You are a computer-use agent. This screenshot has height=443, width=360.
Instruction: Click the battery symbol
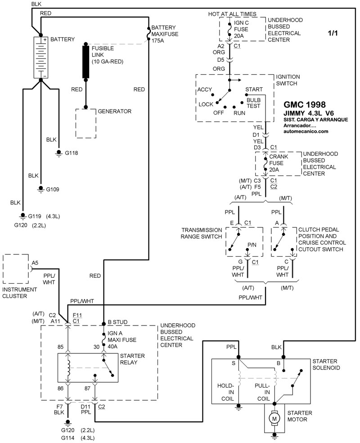click(40, 57)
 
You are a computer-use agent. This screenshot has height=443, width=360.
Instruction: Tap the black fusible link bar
click(86, 61)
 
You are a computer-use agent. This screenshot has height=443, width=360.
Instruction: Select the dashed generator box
click(86, 123)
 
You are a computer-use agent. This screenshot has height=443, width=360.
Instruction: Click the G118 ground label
click(72, 153)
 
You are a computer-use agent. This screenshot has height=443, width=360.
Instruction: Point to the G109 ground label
click(53, 189)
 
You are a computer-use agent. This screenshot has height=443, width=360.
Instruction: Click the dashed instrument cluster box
click(16, 269)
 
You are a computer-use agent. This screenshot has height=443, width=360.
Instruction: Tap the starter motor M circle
click(274, 418)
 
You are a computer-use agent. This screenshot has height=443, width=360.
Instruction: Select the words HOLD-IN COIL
click(226, 392)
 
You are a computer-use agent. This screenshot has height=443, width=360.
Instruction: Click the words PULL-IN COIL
click(263, 392)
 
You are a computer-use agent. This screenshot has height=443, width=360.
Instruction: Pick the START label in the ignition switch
click(254, 89)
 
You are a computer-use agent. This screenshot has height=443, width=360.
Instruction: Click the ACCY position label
click(204, 90)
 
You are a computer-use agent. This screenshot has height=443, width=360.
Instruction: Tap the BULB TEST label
click(253, 103)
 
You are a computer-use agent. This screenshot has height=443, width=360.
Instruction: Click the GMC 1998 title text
click(305, 104)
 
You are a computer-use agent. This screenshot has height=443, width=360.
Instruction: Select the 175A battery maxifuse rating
click(158, 41)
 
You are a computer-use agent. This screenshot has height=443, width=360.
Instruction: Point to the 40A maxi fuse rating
click(112, 346)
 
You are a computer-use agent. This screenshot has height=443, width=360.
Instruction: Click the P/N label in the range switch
click(252, 244)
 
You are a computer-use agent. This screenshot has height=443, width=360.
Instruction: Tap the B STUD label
click(118, 322)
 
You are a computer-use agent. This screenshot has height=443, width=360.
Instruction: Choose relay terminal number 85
click(60, 347)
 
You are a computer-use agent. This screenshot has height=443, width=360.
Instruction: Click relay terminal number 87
click(87, 389)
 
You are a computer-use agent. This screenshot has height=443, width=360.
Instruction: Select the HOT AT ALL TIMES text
click(232, 14)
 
